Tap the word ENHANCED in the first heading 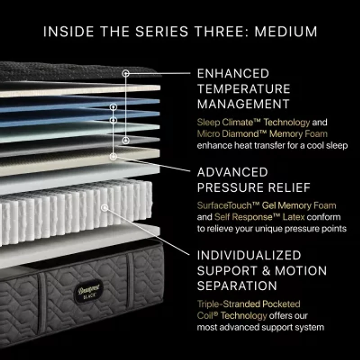point(233,73)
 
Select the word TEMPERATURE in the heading point(243,89)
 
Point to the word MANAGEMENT point(243,104)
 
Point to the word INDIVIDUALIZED point(249,255)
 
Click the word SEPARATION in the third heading point(237,286)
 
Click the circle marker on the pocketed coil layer point(105,208)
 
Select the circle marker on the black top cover point(126,72)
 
